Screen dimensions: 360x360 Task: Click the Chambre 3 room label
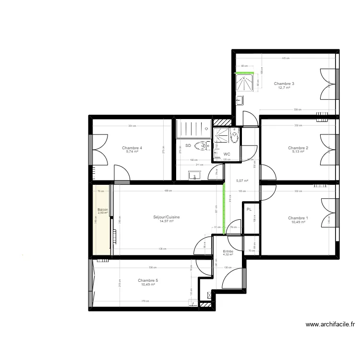click(x=284, y=84)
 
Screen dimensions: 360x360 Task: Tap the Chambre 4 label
click(x=132, y=148)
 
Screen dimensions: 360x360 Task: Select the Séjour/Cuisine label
click(x=167, y=217)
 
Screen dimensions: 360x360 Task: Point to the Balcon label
click(x=103, y=210)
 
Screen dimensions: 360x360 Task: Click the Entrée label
click(x=228, y=252)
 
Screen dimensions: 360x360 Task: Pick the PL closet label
click(x=249, y=210)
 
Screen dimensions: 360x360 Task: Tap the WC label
click(x=227, y=154)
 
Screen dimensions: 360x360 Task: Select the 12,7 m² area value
click(x=284, y=88)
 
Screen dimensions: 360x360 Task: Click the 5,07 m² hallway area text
click(x=242, y=181)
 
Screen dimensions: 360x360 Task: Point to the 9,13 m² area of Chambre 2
click(x=298, y=152)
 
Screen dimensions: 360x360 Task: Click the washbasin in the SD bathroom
click(x=194, y=174)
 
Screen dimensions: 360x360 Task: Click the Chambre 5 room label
click(x=148, y=280)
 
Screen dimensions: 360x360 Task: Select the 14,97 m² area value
click(x=167, y=221)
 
